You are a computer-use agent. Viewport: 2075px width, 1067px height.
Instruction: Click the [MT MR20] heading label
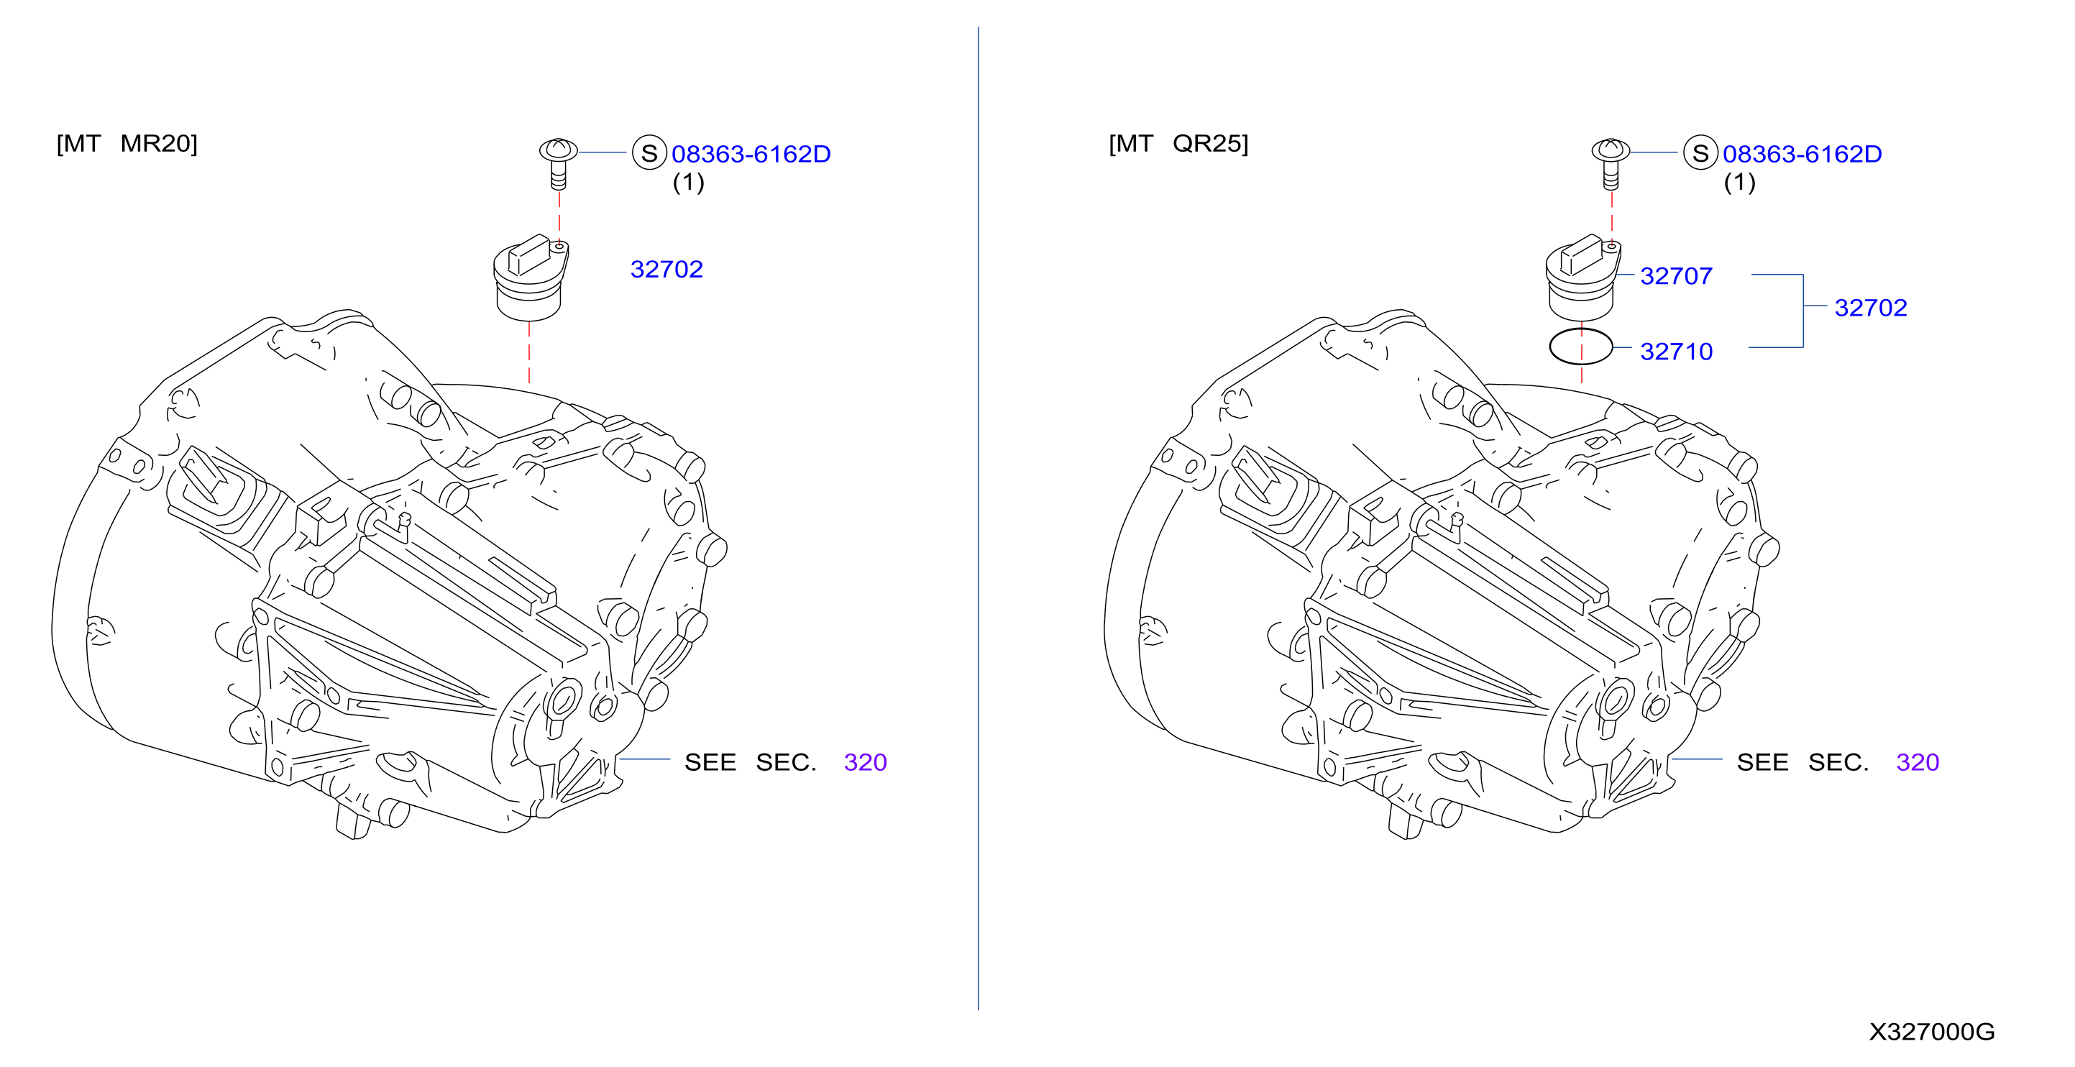[127, 143]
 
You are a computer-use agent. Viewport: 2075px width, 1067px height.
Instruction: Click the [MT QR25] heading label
[1178, 143]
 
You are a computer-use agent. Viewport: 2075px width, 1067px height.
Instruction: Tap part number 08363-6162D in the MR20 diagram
[751, 154]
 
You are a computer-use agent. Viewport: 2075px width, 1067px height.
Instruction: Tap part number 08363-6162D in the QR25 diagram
[1802, 154]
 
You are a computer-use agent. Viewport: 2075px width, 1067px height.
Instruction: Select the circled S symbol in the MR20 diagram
[649, 152]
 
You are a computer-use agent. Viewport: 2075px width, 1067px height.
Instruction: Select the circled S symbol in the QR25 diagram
[1700, 152]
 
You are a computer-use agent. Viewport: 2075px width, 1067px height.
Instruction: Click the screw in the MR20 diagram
[558, 163]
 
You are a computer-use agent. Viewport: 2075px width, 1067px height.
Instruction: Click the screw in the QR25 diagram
[1611, 163]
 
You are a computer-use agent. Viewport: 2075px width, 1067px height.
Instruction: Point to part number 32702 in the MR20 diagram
[667, 269]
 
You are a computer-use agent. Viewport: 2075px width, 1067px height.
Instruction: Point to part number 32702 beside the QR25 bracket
[1870, 308]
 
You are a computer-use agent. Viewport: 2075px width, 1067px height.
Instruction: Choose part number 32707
[1676, 276]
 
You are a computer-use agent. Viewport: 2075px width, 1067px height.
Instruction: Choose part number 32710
[1676, 351]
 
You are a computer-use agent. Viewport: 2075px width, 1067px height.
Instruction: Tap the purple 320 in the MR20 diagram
[865, 762]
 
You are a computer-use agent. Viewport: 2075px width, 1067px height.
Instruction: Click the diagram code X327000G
[1932, 1032]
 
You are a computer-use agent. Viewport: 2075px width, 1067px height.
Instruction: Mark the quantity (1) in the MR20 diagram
[688, 182]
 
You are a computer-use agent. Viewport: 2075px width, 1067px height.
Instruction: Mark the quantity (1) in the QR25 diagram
[1739, 182]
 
